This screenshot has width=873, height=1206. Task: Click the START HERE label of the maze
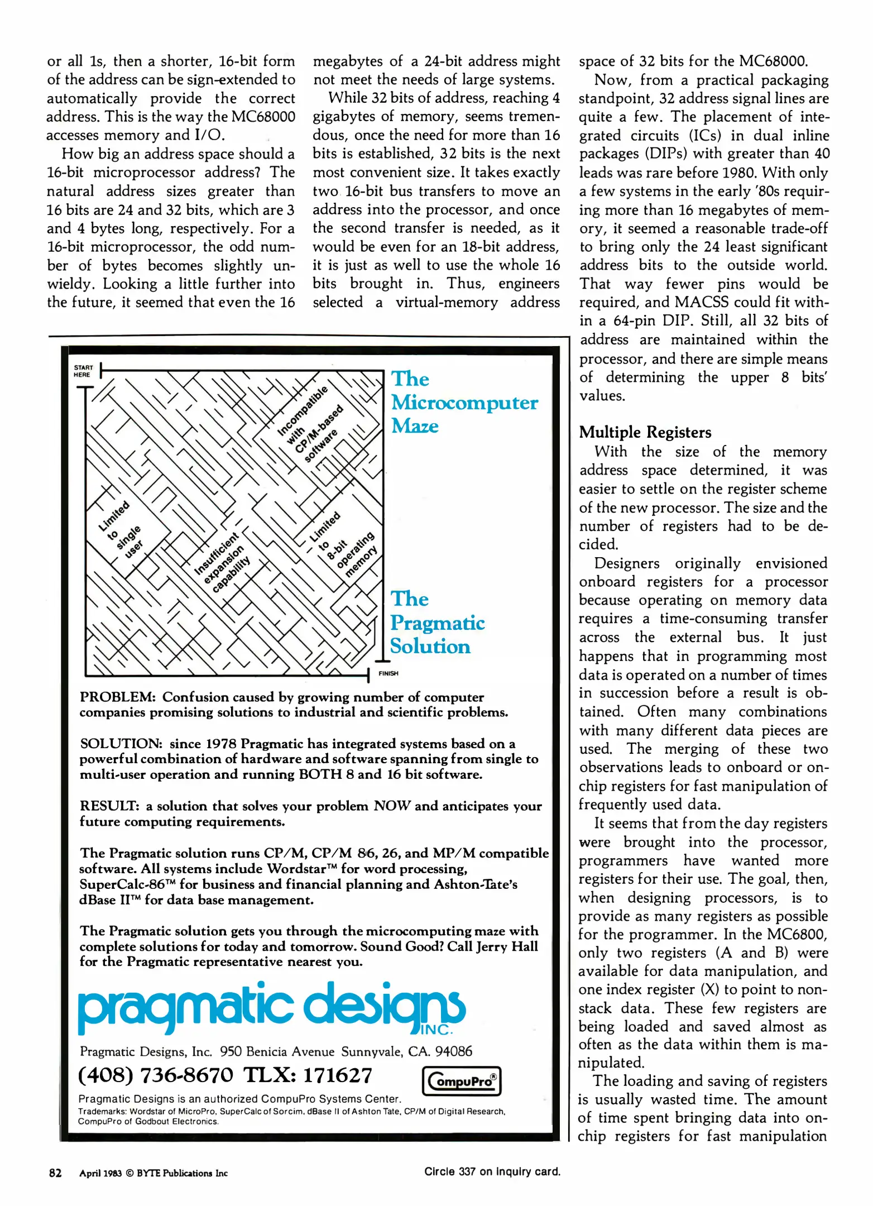click(x=83, y=371)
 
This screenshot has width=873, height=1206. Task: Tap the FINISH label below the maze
click(x=388, y=673)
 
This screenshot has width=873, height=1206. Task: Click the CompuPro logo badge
click(x=461, y=1080)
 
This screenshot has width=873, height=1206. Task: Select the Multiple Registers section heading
click(x=645, y=432)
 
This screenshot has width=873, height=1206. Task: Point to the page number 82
click(x=55, y=1172)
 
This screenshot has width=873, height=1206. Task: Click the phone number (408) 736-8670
click(x=155, y=1075)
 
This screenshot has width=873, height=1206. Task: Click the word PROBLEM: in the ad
click(x=117, y=697)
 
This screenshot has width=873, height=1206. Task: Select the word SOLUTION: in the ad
click(x=121, y=744)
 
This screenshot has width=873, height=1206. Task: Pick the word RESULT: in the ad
click(x=109, y=806)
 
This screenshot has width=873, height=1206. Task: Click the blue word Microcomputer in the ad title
click(x=464, y=403)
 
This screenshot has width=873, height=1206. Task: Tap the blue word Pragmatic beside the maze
click(x=437, y=623)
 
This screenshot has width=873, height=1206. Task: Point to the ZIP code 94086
click(x=453, y=1051)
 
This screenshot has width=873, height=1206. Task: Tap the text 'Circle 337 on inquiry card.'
click(x=492, y=1171)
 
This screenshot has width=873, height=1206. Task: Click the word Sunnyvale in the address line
click(x=371, y=1052)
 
